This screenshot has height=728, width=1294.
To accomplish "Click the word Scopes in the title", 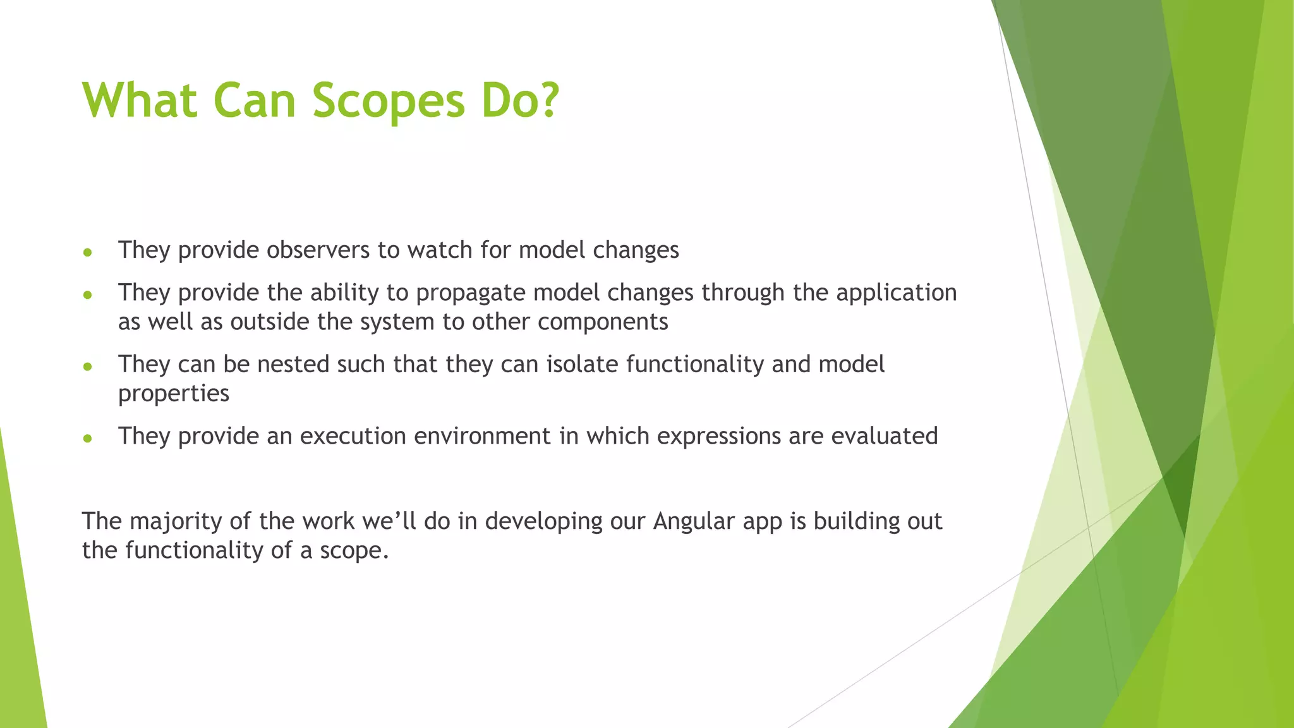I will (388, 101).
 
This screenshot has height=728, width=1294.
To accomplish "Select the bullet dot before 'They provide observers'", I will (88, 252).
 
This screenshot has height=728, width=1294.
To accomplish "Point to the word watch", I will (440, 250).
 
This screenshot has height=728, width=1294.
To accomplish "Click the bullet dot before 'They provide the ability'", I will (88, 294).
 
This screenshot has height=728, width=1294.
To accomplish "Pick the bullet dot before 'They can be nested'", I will (88, 366).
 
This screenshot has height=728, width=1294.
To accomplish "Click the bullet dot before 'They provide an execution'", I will (88, 438).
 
